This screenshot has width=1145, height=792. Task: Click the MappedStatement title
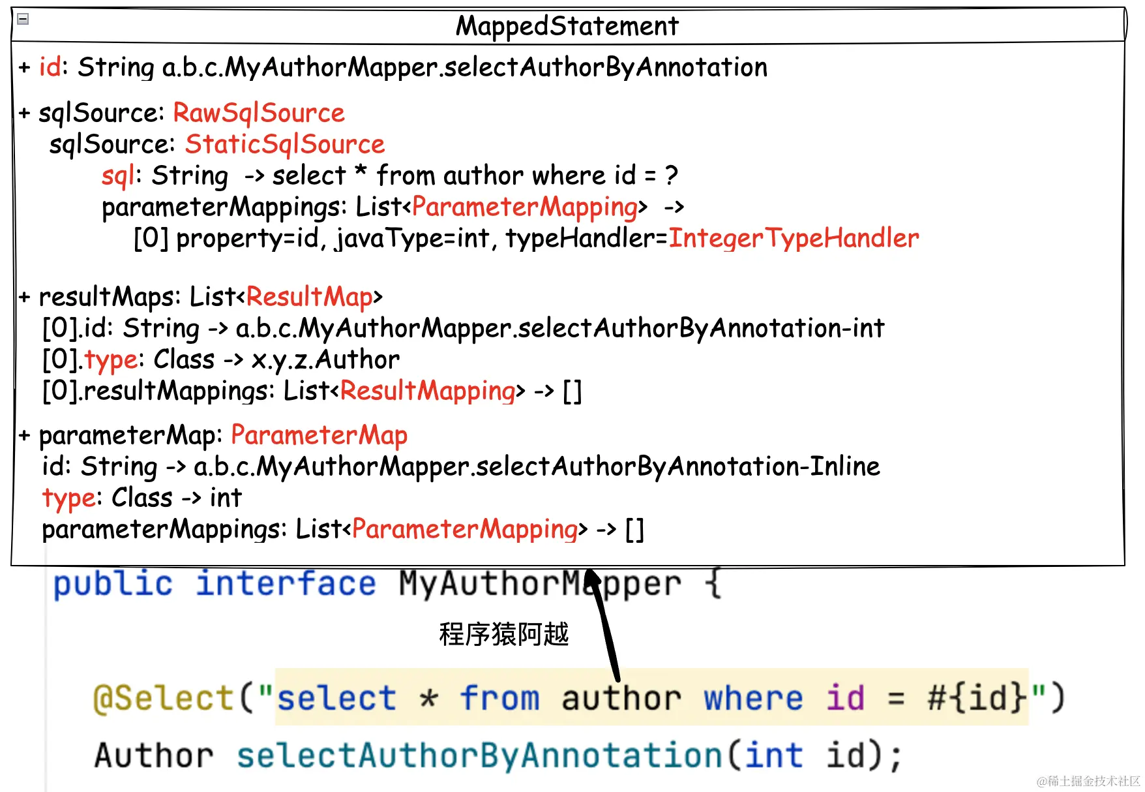click(567, 26)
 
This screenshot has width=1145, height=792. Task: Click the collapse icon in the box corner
click(23, 19)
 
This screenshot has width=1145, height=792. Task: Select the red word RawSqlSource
click(258, 113)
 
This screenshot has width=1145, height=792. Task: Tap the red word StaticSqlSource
click(285, 144)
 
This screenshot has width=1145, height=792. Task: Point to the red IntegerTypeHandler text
click(794, 238)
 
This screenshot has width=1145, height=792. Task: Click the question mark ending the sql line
click(671, 175)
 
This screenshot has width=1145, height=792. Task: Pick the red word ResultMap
click(309, 297)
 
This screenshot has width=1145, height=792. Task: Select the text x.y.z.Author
click(325, 359)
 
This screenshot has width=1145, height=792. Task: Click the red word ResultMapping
click(428, 391)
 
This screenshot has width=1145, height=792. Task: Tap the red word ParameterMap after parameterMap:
click(319, 435)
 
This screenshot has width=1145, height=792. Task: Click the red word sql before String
click(118, 175)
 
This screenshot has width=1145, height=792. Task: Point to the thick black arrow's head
click(591, 577)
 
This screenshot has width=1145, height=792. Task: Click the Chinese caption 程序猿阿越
click(503, 634)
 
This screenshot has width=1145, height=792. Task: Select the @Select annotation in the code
click(163, 698)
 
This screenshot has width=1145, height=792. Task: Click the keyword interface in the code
click(286, 583)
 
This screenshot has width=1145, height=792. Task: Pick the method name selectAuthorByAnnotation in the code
click(479, 755)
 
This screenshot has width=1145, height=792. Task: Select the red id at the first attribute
click(50, 67)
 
